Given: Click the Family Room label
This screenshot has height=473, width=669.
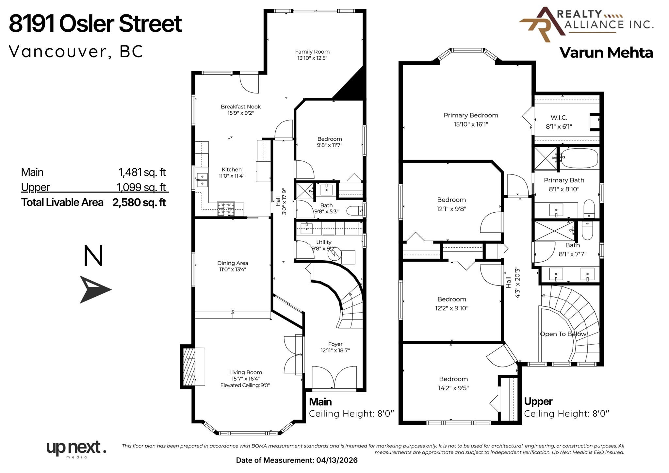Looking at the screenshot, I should (312, 52).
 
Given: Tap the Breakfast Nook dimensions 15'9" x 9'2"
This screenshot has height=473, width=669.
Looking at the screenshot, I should (240, 113).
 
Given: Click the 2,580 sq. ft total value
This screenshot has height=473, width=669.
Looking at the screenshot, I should (139, 203).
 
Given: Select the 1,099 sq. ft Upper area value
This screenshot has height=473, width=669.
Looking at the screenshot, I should (141, 187).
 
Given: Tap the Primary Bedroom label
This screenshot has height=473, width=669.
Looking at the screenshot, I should (470, 115).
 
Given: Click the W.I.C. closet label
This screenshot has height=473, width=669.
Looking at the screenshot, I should (559, 118).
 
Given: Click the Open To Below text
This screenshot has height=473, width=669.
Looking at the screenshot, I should (563, 334).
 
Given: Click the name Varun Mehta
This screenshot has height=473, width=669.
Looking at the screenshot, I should (606, 53).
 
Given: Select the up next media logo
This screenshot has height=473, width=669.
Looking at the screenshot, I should (76, 449).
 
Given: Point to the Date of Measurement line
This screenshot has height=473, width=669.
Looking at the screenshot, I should (297, 460).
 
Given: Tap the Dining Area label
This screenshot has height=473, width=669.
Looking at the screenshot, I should (232, 263).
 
